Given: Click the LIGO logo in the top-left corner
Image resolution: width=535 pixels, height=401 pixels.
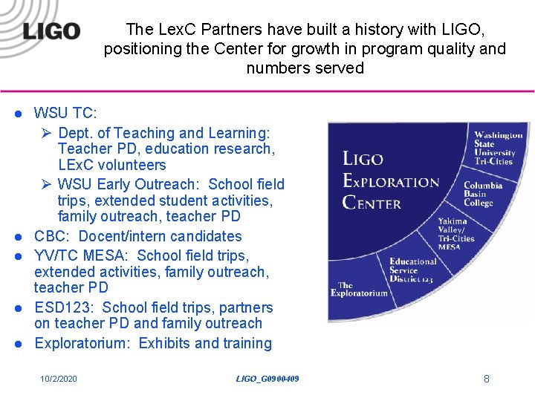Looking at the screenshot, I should tap(51, 30).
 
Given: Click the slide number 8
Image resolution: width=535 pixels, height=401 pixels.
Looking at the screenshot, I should tap(487, 379).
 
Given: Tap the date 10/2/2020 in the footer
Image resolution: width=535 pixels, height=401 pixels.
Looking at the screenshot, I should tap(59, 379).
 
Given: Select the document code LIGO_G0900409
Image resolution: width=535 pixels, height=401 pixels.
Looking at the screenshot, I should tap(267, 379).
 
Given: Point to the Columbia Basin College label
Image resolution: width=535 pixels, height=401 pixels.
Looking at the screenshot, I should tap(483, 194).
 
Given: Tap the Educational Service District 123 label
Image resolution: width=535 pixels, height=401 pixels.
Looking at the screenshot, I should tap(413, 270).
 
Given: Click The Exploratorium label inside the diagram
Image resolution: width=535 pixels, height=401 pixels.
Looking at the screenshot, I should tap(363, 289).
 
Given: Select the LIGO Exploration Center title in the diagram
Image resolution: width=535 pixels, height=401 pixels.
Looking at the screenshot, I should tap(390, 180).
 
